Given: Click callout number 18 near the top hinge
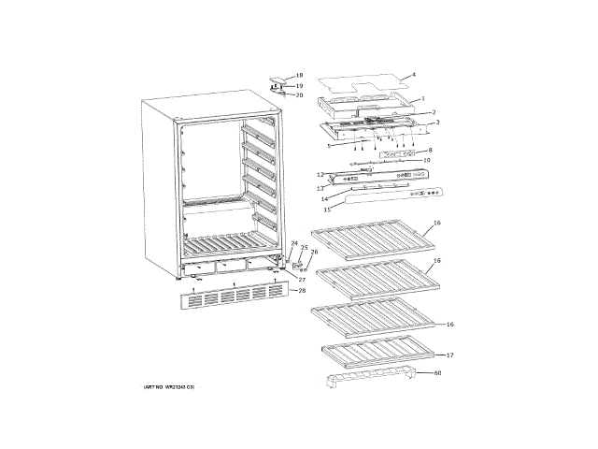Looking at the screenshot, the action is [299, 75].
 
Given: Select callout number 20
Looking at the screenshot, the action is [299, 94].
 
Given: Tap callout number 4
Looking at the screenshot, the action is [413, 75].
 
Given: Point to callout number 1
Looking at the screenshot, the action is [422, 98].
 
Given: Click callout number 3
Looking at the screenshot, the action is [436, 122].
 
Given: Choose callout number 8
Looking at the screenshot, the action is [430, 150].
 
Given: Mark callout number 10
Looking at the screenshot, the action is [427, 160].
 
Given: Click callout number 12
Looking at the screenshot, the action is [320, 175].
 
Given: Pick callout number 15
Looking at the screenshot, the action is [327, 210].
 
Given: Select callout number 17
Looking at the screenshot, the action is [449, 355].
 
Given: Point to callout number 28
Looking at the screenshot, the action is [301, 291].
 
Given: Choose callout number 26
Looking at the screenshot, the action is [314, 252].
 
